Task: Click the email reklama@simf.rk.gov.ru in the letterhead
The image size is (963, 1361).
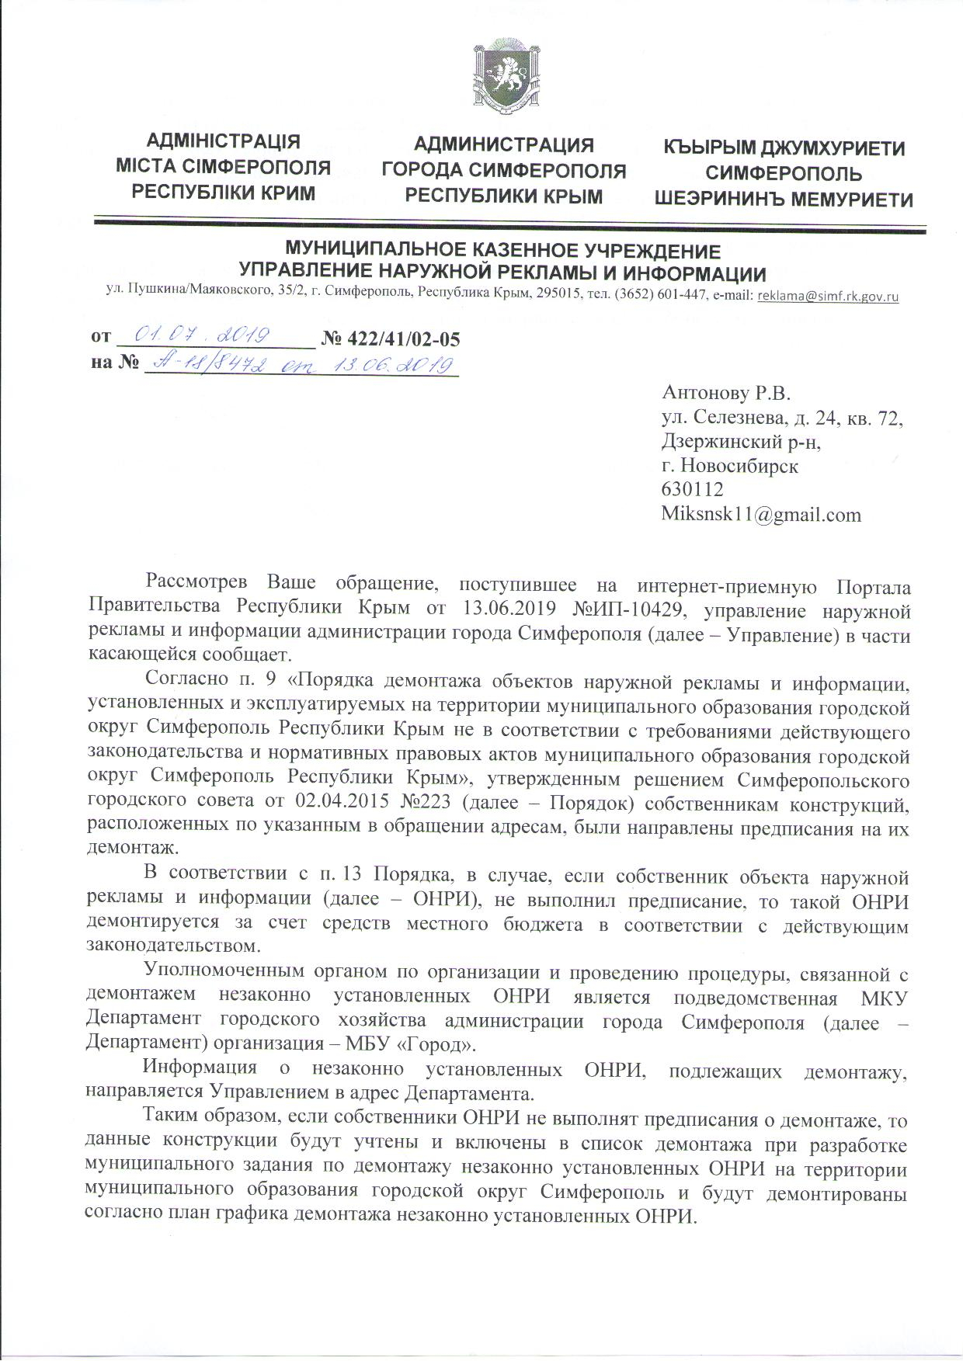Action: [827, 296]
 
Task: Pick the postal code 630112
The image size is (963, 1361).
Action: [692, 489]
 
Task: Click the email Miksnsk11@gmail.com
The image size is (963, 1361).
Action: [760, 514]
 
